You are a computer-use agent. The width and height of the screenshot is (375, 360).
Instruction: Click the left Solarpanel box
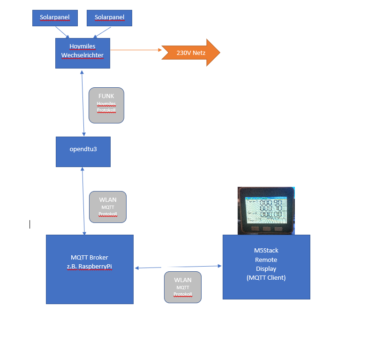coord(54,18)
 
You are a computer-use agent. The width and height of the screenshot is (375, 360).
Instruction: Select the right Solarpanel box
coord(109,18)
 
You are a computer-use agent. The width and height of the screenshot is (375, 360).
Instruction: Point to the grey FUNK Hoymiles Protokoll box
coord(106,105)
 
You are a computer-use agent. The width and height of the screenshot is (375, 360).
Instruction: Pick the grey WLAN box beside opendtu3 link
coord(108,207)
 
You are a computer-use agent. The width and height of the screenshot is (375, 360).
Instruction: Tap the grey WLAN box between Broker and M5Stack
coord(183,287)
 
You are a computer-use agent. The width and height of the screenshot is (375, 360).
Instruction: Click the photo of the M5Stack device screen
coord(265,210)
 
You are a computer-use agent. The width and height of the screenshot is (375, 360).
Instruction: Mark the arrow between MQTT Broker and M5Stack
coord(178,267)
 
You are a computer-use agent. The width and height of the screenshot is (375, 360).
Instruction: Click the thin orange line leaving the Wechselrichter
coord(136,50)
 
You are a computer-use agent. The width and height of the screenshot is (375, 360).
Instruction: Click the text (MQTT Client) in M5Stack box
coord(266,278)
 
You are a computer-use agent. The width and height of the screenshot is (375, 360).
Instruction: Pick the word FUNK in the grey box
coord(106,96)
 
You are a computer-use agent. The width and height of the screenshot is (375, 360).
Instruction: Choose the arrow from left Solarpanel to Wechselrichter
coord(62,32)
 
